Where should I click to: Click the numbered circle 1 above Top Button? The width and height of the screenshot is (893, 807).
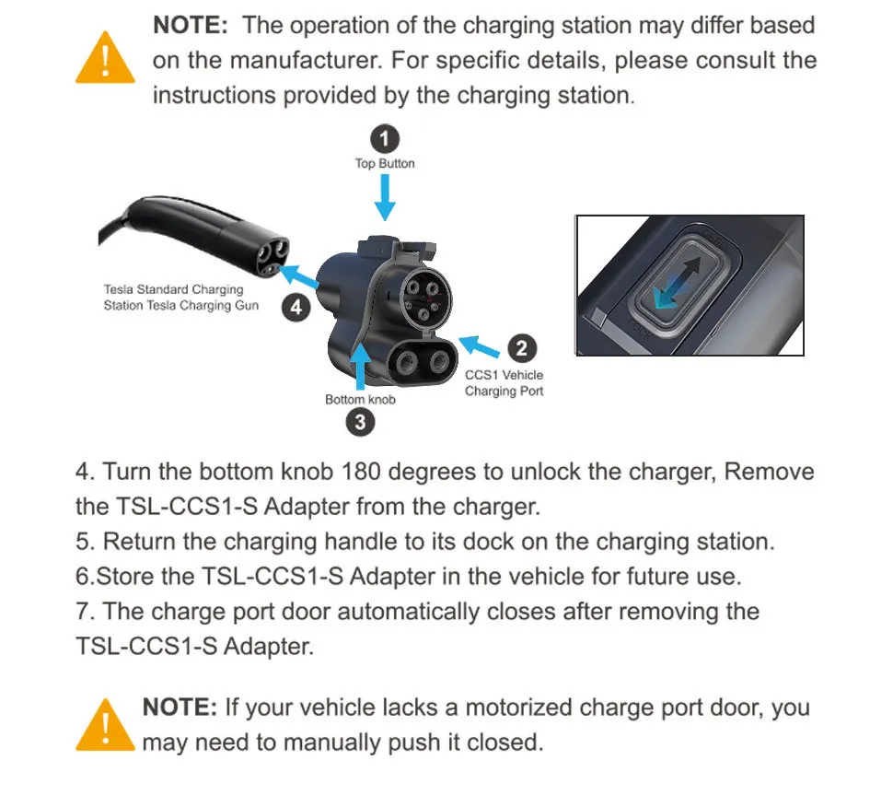385,139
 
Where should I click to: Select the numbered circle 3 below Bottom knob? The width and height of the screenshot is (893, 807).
359,422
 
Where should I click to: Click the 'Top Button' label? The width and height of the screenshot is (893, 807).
385,163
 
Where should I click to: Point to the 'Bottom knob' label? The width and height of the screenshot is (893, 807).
360,399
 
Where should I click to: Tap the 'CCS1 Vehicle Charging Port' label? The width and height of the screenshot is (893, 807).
504,383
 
